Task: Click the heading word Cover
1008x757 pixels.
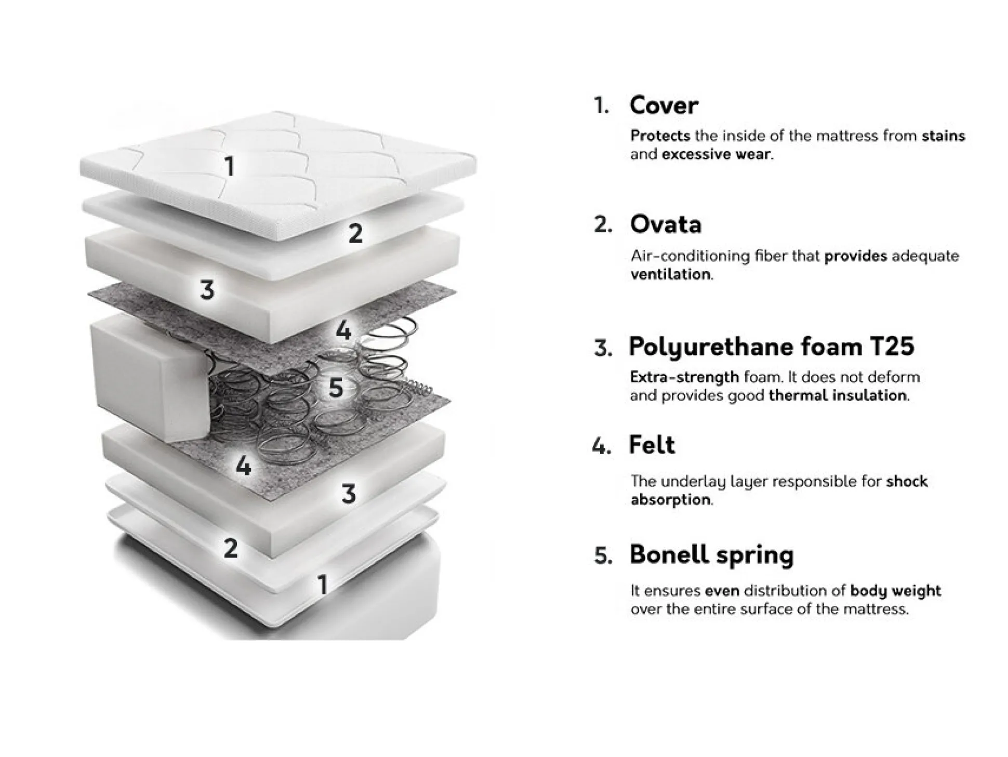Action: tap(664, 105)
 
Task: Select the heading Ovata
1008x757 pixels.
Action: tap(666, 224)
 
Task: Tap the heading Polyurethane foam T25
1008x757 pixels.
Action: tap(772, 347)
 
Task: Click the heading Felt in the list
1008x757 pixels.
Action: tap(652, 445)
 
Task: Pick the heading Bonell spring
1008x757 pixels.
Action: tap(712, 555)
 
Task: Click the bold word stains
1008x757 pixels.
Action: tap(944, 136)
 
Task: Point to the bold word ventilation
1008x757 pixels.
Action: tap(671, 274)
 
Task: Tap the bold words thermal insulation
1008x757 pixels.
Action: tap(838, 395)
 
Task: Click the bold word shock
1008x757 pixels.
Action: tap(907, 481)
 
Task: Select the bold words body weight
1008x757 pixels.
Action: tap(895, 591)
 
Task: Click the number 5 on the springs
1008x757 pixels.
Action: tap(336, 388)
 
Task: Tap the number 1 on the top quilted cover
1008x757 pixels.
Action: tap(230, 166)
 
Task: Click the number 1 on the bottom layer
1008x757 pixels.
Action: tap(323, 585)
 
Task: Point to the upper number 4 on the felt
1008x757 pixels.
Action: tap(343, 330)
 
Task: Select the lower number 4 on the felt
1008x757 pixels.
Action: tap(243, 466)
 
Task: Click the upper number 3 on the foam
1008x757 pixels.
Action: tap(207, 289)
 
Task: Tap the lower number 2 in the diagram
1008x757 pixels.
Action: tap(231, 548)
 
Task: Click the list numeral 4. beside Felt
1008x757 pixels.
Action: tap(601, 446)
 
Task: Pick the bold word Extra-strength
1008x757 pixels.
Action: tap(684, 377)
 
